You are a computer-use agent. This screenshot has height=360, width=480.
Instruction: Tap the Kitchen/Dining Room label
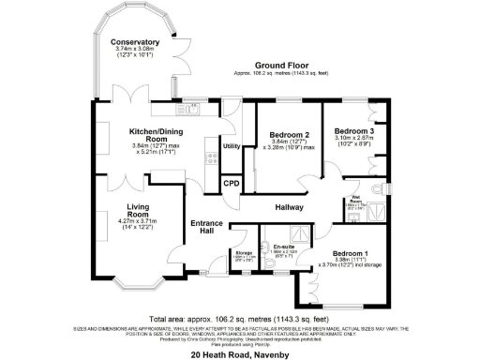160,133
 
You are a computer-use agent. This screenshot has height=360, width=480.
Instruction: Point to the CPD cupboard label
231,183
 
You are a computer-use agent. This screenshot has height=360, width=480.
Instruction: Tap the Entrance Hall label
204,227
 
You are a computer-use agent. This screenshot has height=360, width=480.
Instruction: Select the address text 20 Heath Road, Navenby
241,343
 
